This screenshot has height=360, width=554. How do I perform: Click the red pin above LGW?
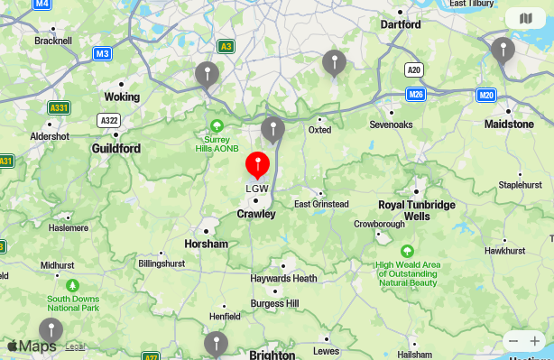tap(258, 166)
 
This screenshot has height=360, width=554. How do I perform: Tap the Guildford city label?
tap(115, 148)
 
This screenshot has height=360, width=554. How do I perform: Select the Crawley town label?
tap(256, 214)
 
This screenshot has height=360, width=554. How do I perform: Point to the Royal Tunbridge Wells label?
tap(417, 210)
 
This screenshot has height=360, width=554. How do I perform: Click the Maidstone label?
tap(509, 124)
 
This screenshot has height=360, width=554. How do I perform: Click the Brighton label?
tap(272, 355)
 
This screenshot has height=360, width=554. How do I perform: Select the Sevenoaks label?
tap(391, 125)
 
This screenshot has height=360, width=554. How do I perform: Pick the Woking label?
tap(122, 97)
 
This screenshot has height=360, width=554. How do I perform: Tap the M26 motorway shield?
tap(416, 94)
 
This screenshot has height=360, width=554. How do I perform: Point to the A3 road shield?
tap(226, 47)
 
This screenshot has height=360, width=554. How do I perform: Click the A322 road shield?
tap(109, 120)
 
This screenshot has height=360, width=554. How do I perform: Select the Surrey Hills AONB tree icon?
tap(217, 125)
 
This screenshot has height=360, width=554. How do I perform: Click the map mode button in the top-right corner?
tap(525, 18)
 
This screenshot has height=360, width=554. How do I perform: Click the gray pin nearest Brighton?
tap(216, 343)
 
